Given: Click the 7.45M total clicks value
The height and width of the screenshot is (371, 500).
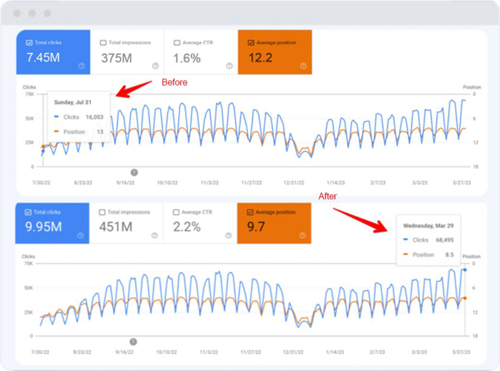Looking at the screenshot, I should pyautogui.click(x=42, y=59).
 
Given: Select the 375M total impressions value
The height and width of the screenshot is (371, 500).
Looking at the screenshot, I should pyautogui.click(x=117, y=59).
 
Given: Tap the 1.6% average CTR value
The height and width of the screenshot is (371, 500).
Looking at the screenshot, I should pyautogui.click(x=186, y=59).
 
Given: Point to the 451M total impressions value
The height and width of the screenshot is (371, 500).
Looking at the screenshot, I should pyautogui.click(x=116, y=226).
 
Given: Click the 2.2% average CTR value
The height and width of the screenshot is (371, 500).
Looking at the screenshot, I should pyautogui.click(x=186, y=226).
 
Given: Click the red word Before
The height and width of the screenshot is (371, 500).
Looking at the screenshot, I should pyautogui.click(x=174, y=82).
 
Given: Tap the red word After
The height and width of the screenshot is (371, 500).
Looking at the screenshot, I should pyautogui.click(x=328, y=196).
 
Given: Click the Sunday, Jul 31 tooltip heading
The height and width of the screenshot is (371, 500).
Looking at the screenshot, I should pyautogui.click(x=73, y=102).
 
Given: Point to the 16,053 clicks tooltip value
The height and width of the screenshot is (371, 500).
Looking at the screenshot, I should pyautogui.click(x=95, y=117).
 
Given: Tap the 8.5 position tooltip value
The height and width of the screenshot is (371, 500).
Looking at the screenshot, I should pyautogui.click(x=449, y=255).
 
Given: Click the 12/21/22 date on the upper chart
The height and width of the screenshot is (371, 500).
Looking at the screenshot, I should pyautogui.click(x=294, y=183).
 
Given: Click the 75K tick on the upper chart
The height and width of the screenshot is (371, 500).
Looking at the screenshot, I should pyautogui.click(x=29, y=94).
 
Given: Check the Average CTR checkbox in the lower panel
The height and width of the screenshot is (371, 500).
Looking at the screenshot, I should pyautogui.click(x=177, y=212).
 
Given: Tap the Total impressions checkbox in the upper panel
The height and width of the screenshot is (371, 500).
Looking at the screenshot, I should pyautogui.click(x=104, y=43).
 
